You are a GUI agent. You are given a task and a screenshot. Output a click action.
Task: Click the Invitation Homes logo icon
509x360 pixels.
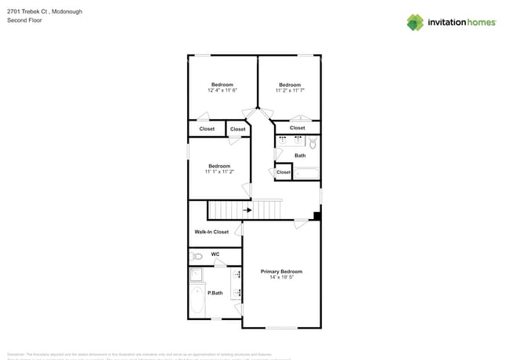click(x=415, y=22)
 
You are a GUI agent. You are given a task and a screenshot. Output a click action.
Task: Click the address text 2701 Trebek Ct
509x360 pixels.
click(x=27, y=12)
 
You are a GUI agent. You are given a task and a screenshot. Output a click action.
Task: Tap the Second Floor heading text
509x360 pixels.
click(x=24, y=20)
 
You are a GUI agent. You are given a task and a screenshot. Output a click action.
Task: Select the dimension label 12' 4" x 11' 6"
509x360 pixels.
click(x=222, y=91)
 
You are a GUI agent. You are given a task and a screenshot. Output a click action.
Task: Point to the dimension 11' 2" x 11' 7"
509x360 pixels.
click(x=290, y=91)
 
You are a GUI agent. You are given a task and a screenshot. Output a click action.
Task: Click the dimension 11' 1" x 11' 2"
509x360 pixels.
click(x=219, y=171)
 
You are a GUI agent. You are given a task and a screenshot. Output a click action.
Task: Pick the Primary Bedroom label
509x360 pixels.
click(x=281, y=272)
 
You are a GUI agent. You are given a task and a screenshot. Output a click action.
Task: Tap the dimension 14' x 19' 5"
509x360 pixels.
click(x=281, y=277)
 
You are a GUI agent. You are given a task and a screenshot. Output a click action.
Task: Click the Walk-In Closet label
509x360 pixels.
click(x=211, y=232)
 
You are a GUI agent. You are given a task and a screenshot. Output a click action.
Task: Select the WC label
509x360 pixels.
click(x=215, y=254)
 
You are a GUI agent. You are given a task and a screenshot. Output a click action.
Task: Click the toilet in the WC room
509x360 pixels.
click(x=197, y=256)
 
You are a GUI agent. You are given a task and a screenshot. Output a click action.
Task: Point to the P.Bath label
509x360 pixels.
click(x=214, y=293)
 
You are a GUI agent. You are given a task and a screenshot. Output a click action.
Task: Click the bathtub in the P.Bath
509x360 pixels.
click(x=197, y=301)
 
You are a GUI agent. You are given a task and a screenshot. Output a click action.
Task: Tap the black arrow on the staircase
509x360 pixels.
click(x=247, y=210)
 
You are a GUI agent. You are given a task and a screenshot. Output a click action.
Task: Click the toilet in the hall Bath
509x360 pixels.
click(x=312, y=143)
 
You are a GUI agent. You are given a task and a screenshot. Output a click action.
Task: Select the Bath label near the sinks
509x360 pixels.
click(x=300, y=156)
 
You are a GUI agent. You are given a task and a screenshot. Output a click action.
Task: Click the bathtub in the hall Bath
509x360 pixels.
click(x=306, y=173)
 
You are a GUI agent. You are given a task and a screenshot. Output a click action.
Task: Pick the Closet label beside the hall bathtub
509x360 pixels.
click(x=283, y=172)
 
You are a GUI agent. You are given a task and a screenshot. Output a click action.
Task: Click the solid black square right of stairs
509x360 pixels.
click(x=317, y=217)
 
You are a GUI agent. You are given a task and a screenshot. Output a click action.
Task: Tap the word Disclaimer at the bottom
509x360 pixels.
click(x=16, y=354)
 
